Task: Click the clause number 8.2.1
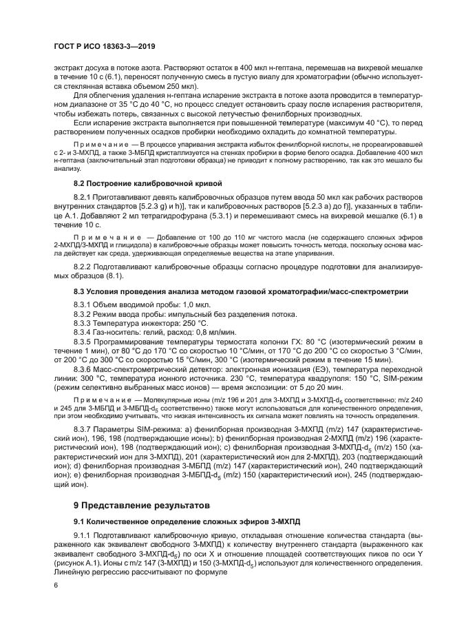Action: click(84, 198)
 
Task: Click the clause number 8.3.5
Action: click(84, 342)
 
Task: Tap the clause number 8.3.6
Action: click(84, 368)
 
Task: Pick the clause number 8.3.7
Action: click(84, 429)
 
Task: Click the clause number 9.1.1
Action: click(84, 517)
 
